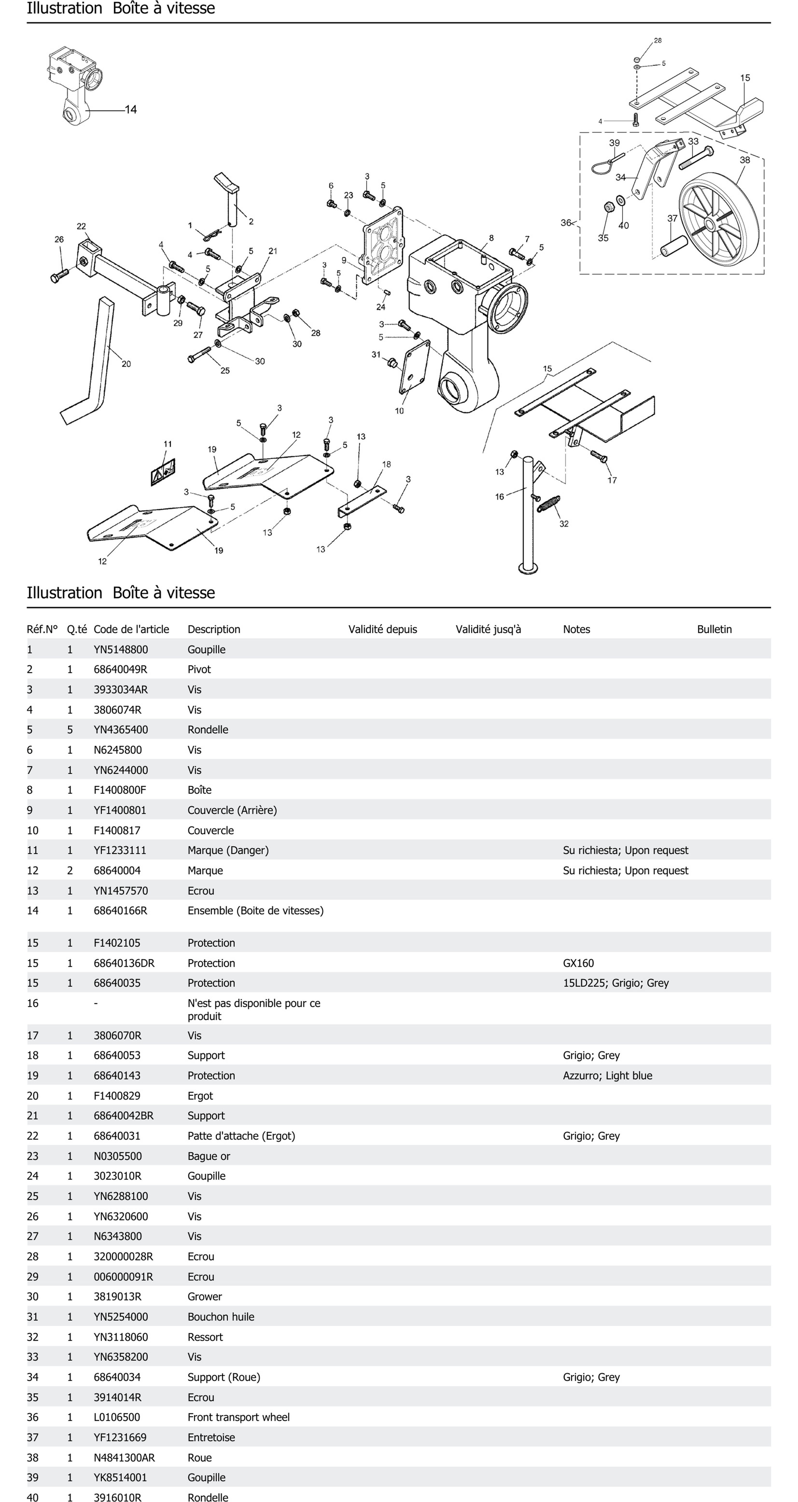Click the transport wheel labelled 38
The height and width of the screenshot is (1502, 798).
719,223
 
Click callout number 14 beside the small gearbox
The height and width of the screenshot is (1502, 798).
131,110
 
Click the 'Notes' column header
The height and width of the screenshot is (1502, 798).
576,629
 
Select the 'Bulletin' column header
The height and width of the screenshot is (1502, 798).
714,629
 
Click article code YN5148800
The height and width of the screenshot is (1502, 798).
121,649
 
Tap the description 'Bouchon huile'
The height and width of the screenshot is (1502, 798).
221,1316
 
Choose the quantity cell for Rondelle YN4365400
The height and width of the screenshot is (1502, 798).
70,730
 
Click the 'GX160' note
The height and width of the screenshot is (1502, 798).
578,963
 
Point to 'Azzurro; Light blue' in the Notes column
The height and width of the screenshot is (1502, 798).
607,1076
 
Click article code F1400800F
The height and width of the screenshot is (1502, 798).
119,790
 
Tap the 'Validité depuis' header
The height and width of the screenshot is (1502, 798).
383,629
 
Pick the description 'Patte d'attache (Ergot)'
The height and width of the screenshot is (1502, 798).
241,1136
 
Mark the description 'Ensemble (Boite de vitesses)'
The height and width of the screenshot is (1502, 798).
255,911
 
